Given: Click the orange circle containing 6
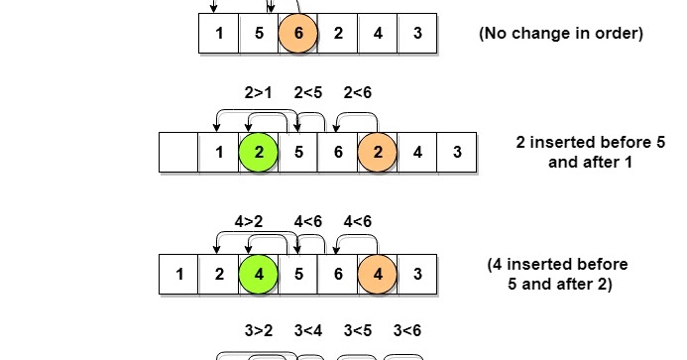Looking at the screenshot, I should point(298,33).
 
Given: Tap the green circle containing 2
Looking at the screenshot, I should point(259,153).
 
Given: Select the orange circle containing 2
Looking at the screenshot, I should point(378,153).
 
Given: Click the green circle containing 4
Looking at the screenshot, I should point(259,275).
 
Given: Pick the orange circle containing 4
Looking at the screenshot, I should point(378,275).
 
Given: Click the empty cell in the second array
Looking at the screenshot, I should point(179,153).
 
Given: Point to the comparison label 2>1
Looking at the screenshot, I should point(259,93).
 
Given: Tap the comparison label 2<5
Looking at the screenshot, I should point(309,93).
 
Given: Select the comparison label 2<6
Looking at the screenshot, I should point(358,93).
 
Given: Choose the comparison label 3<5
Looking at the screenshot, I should point(358,330).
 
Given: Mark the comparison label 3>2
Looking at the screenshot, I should point(259,330).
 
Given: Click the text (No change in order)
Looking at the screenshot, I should point(561,33).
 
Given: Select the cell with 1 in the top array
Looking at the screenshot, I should point(219,33).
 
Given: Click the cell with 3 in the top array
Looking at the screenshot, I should point(417,33).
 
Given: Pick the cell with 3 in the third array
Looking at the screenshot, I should point(417,275).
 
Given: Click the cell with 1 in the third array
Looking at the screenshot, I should point(179,275).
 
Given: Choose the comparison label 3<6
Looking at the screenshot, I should point(407,330).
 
